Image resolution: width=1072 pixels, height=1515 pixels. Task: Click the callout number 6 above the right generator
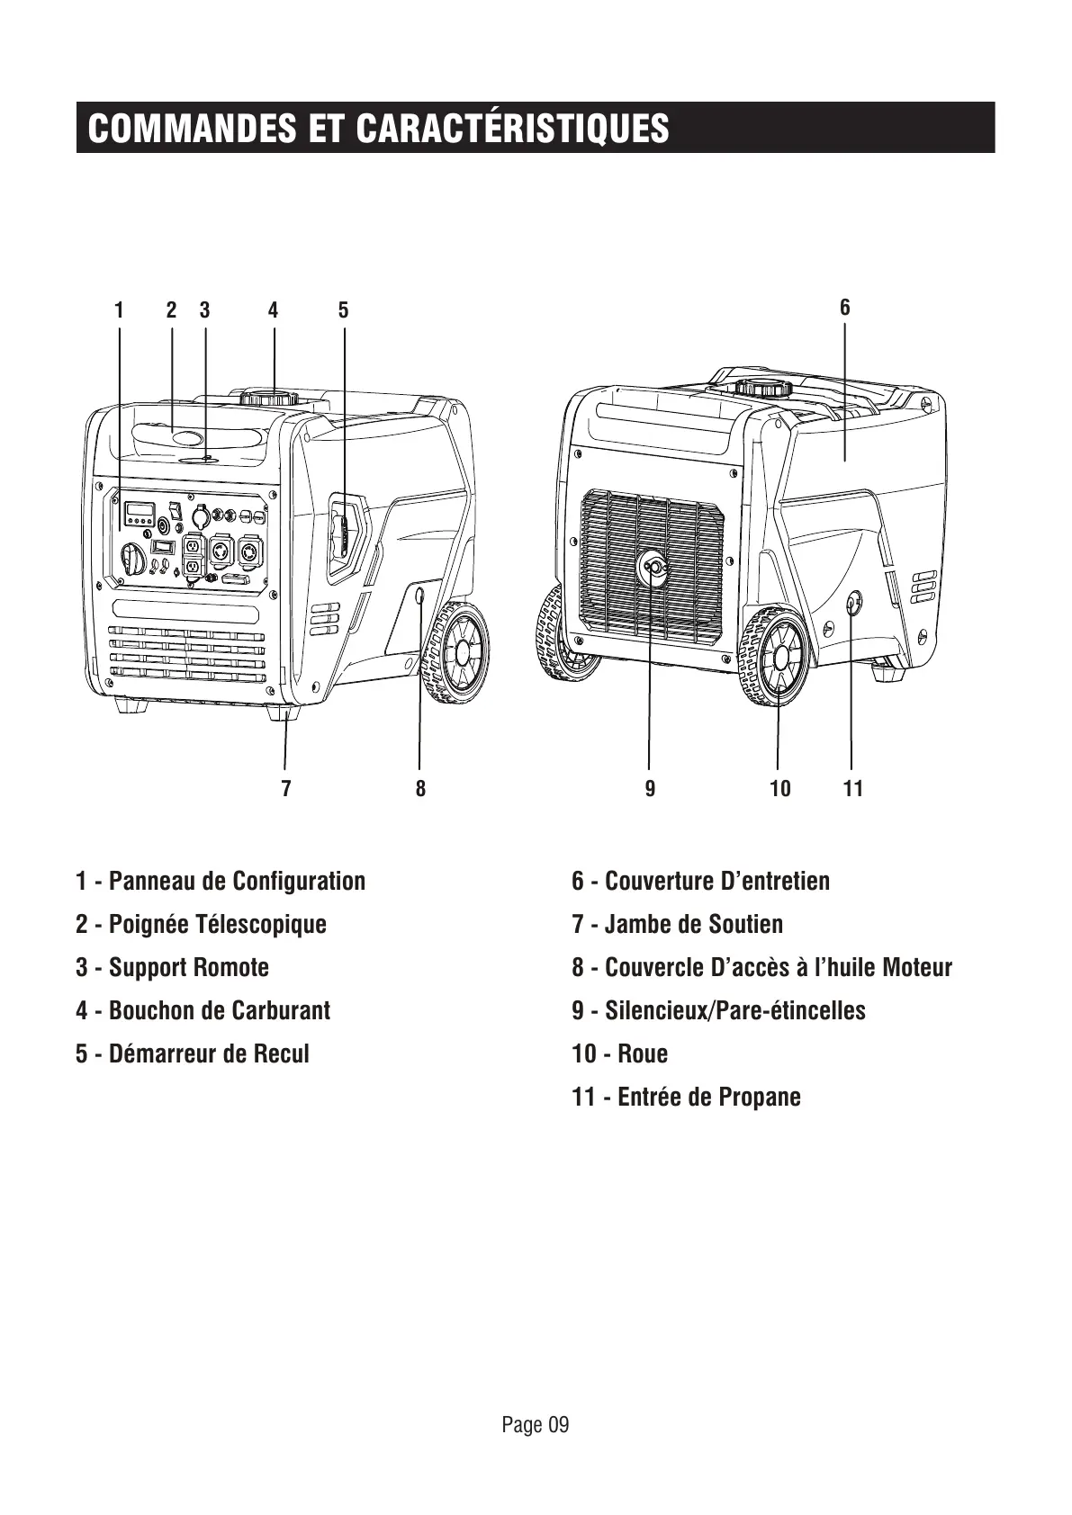click(x=844, y=307)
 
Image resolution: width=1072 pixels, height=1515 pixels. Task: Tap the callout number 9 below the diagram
click(x=650, y=789)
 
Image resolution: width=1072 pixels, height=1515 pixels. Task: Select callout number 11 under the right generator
click(x=852, y=789)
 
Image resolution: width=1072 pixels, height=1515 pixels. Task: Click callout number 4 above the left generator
click(x=273, y=310)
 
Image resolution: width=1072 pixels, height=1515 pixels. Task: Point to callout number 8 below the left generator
click(x=420, y=789)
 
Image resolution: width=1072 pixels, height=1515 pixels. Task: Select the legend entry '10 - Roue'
click(x=619, y=1053)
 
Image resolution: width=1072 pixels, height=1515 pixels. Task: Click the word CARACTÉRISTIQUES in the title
click(x=513, y=128)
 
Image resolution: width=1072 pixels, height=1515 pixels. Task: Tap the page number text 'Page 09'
click(x=536, y=1424)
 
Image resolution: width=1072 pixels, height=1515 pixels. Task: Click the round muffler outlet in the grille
click(x=653, y=568)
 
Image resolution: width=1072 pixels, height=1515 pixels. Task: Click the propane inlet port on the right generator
click(x=851, y=604)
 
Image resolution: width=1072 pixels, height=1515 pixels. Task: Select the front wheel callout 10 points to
click(x=775, y=658)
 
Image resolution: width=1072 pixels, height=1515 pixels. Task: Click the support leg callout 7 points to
click(x=284, y=713)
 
